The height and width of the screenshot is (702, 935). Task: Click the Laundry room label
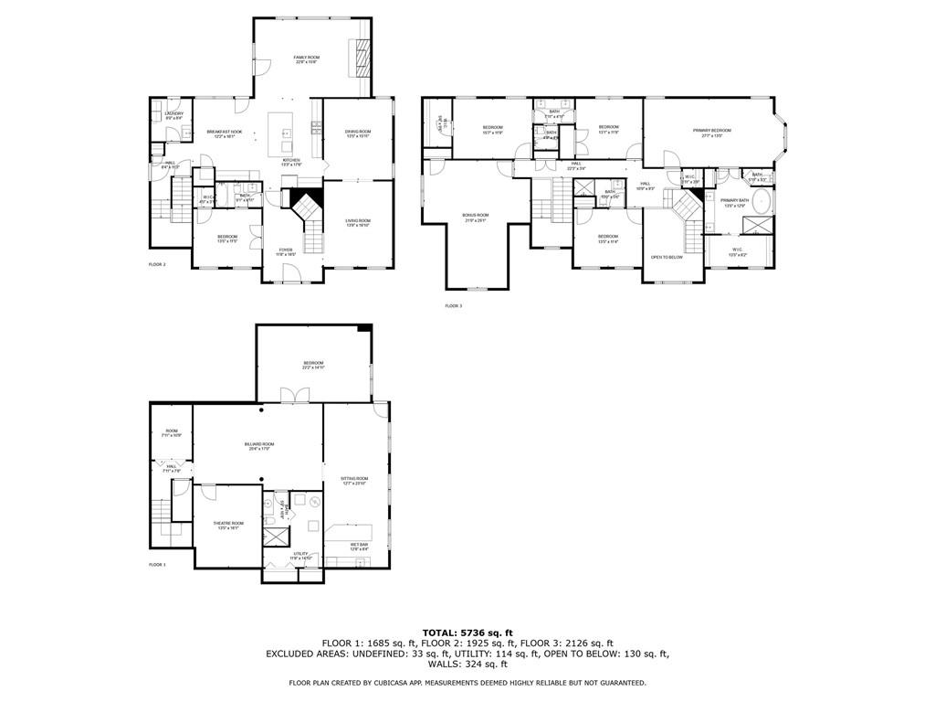click(x=173, y=115)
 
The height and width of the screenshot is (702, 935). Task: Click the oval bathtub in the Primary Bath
click(x=762, y=201)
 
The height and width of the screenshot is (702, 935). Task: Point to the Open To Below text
click(x=667, y=257)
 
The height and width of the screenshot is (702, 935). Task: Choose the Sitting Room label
click(x=354, y=480)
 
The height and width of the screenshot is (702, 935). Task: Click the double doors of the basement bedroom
click(x=291, y=394)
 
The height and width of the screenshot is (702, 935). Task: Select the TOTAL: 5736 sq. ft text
click(x=467, y=633)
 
